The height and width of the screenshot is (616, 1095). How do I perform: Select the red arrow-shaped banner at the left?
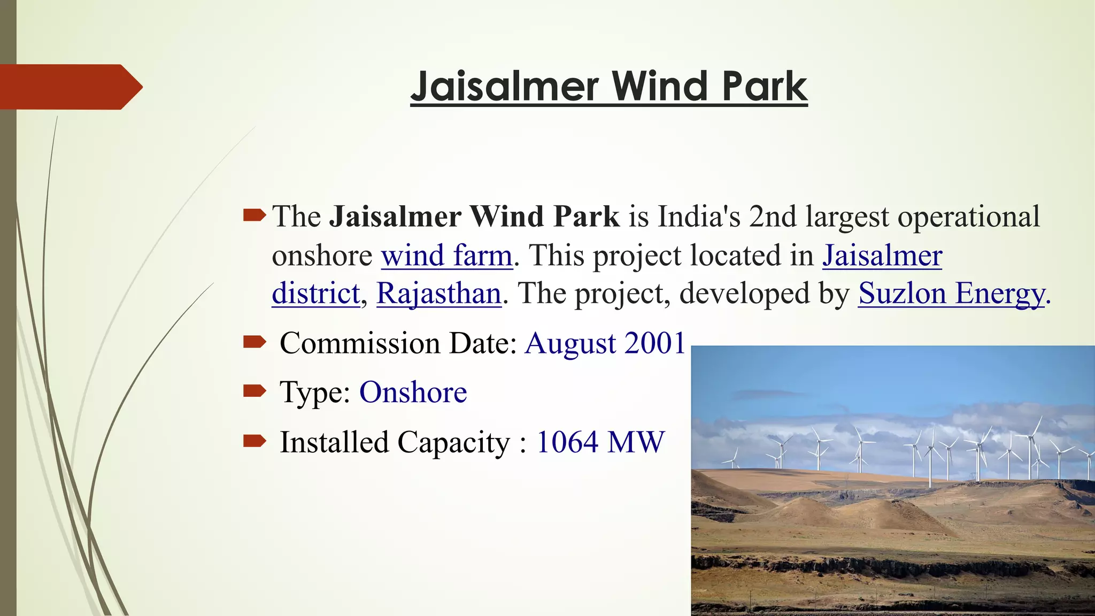pyautogui.click(x=70, y=87)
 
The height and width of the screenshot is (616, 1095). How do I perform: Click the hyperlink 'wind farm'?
pyautogui.click(x=446, y=256)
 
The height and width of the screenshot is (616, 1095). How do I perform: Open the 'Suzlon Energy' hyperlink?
pyautogui.click(x=951, y=294)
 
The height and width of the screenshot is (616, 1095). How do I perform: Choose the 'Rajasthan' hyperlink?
pyautogui.click(x=438, y=294)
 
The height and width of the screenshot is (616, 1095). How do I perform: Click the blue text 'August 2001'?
pyautogui.click(x=605, y=343)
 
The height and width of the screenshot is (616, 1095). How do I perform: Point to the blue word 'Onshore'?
pyautogui.click(x=413, y=392)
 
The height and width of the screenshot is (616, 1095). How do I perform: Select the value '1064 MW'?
pyautogui.click(x=600, y=442)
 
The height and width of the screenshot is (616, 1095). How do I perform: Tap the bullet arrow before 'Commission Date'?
pyautogui.click(x=254, y=342)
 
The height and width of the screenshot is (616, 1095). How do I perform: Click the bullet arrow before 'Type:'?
pyautogui.click(x=254, y=391)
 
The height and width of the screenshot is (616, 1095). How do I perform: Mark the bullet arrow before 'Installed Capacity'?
pyautogui.click(x=254, y=441)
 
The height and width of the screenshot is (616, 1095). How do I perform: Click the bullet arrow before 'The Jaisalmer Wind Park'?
pyautogui.click(x=254, y=215)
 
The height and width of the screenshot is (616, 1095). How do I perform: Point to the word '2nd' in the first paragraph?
pyautogui.click(x=773, y=217)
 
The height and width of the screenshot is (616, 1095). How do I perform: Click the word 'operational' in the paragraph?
pyautogui.click(x=968, y=217)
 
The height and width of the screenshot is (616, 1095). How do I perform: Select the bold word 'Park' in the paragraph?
pyautogui.click(x=586, y=217)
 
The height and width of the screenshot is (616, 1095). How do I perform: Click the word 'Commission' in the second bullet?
pyautogui.click(x=360, y=343)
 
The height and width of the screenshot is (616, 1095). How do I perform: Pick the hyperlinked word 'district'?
pyautogui.click(x=316, y=294)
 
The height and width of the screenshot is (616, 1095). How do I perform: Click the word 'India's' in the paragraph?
pyautogui.click(x=699, y=217)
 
